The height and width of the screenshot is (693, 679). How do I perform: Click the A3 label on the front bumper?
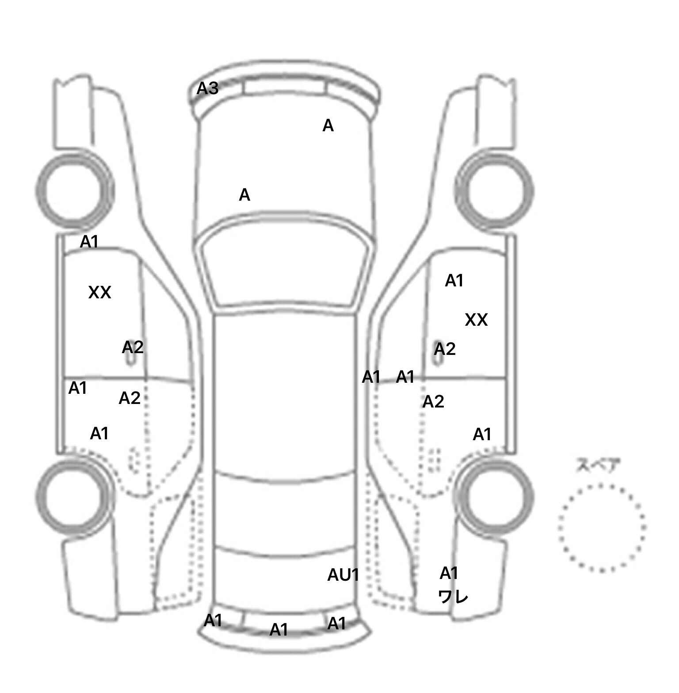point(207,88)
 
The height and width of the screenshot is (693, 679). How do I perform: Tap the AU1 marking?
point(343,575)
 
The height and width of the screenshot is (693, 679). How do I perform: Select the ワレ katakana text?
point(453,597)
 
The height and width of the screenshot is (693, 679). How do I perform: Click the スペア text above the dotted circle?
point(598,466)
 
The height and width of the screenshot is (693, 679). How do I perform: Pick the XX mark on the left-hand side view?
point(99,293)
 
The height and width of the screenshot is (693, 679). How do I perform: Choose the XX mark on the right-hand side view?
point(476,320)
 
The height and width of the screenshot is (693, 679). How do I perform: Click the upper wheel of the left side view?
point(74,190)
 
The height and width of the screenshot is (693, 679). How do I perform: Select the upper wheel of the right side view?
point(494,191)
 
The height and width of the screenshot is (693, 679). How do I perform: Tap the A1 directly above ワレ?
point(449,573)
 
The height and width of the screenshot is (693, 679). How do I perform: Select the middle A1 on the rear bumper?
point(278,629)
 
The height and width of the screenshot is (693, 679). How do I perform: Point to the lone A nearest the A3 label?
point(328,126)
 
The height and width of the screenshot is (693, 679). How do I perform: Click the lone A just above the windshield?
point(244,195)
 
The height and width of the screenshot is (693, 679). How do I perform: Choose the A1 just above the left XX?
point(89,242)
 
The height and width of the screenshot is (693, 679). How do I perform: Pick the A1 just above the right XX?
point(454,281)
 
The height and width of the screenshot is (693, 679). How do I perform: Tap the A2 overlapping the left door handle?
point(133,347)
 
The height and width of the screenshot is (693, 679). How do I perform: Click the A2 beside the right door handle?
point(444,350)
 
